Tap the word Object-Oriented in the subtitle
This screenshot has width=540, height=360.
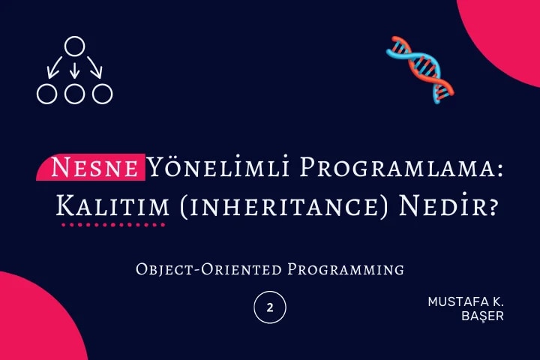209,268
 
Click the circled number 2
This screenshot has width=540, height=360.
270,307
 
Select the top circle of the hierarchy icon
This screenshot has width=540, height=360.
73,46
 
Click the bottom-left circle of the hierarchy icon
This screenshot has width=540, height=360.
47,94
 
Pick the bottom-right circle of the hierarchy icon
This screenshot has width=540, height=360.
102,94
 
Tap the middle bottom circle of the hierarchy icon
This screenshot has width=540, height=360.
74,94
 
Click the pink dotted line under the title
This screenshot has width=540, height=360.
112,224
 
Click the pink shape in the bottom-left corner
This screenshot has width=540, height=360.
30,322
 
